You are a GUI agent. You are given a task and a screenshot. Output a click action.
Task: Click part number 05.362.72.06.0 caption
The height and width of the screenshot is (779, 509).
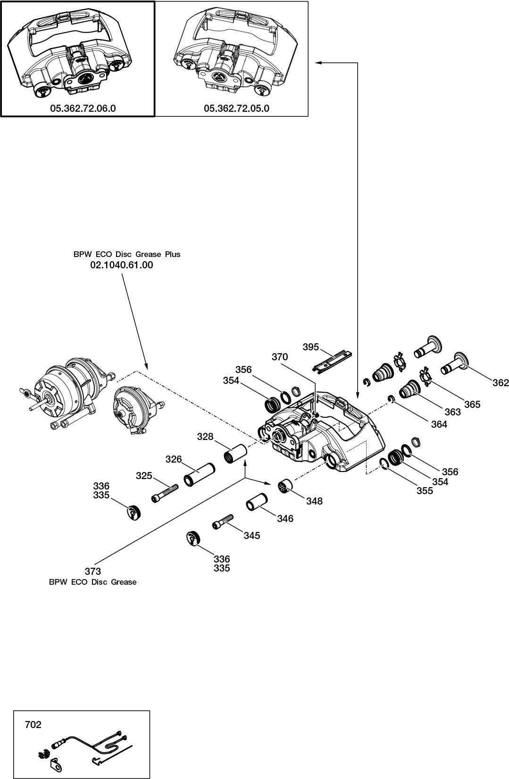[x=83, y=108]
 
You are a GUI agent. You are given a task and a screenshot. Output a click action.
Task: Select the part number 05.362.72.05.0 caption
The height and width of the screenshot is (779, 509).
[x=236, y=108]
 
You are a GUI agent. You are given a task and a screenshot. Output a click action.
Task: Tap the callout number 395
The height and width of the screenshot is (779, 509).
[x=311, y=347]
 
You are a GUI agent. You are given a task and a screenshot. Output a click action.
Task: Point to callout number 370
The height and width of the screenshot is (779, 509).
[x=280, y=357]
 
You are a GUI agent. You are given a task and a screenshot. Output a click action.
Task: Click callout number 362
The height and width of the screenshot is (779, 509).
[x=501, y=383]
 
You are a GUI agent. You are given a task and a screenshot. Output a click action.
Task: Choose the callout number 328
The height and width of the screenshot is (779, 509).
[x=205, y=437]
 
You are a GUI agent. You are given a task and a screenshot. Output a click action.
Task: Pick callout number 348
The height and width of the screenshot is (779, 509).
[x=314, y=501]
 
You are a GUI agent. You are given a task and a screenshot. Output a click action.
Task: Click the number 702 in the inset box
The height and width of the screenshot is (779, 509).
[x=33, y=725]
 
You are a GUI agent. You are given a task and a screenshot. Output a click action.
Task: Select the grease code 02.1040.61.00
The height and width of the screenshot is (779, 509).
[x=122, y=265]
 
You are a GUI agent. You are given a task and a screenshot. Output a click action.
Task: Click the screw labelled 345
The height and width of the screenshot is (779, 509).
[x=224, y=521]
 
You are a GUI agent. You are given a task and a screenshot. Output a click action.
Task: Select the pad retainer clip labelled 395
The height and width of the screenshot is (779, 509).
[x=335, y=362]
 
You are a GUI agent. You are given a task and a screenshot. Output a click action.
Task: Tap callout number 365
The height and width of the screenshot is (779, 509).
[x=472, y=404]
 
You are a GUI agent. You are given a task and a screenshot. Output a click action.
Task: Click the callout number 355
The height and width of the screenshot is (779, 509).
[x=425, y=490]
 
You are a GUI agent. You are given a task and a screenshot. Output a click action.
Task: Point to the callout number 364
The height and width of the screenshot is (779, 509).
[x=439, y=424]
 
